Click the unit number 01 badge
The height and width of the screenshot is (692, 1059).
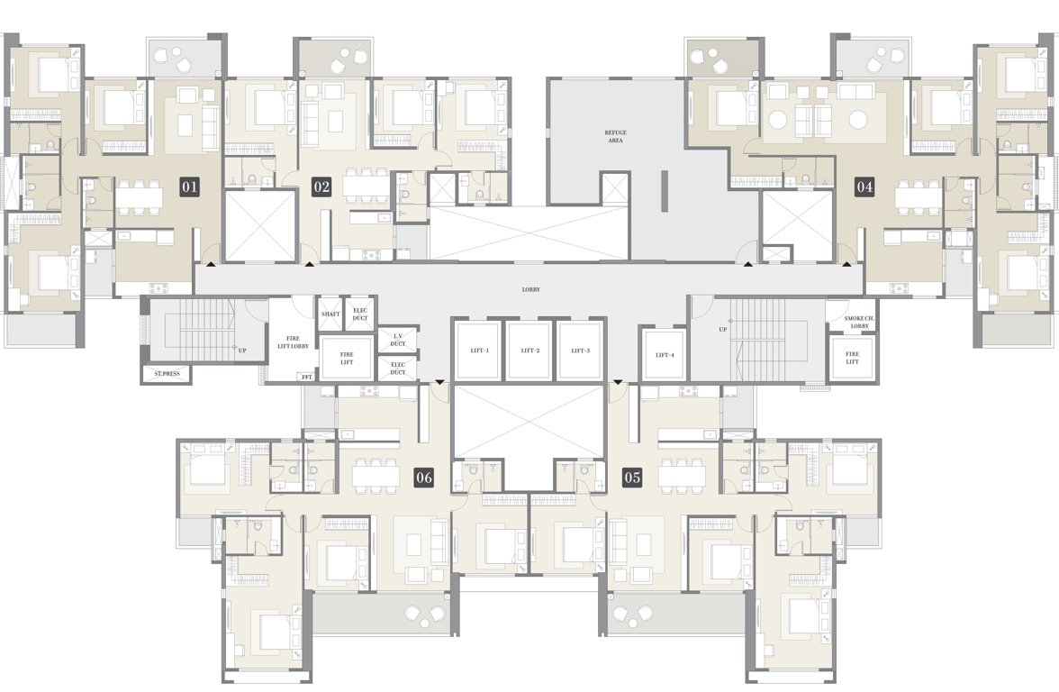pos(189,187)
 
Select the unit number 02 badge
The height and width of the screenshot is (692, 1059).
pos(321,187)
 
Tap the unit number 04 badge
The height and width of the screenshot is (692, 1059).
pos(864,187)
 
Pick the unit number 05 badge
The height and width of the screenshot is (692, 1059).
pos(632,478)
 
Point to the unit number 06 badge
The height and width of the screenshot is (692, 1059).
pos(424,478)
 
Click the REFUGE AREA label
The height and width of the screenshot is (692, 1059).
pos(615,136)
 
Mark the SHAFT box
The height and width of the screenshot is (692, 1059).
pos(329,312)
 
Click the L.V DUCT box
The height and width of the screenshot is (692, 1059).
pos(397,338)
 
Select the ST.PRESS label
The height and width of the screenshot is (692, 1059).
pos(165,373)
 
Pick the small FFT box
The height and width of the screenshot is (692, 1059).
pos(307,377)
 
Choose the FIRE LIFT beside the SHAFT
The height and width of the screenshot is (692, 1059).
pos(346,358)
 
